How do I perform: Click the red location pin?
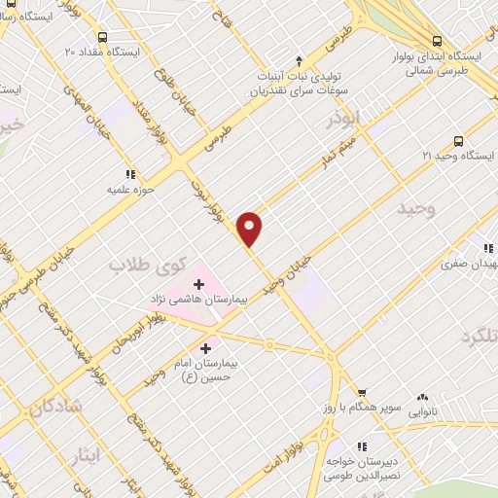tap(251, 227)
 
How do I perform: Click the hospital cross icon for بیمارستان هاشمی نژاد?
tap(199, 284)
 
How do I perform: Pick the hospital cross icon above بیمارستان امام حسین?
tap(206, 347)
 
